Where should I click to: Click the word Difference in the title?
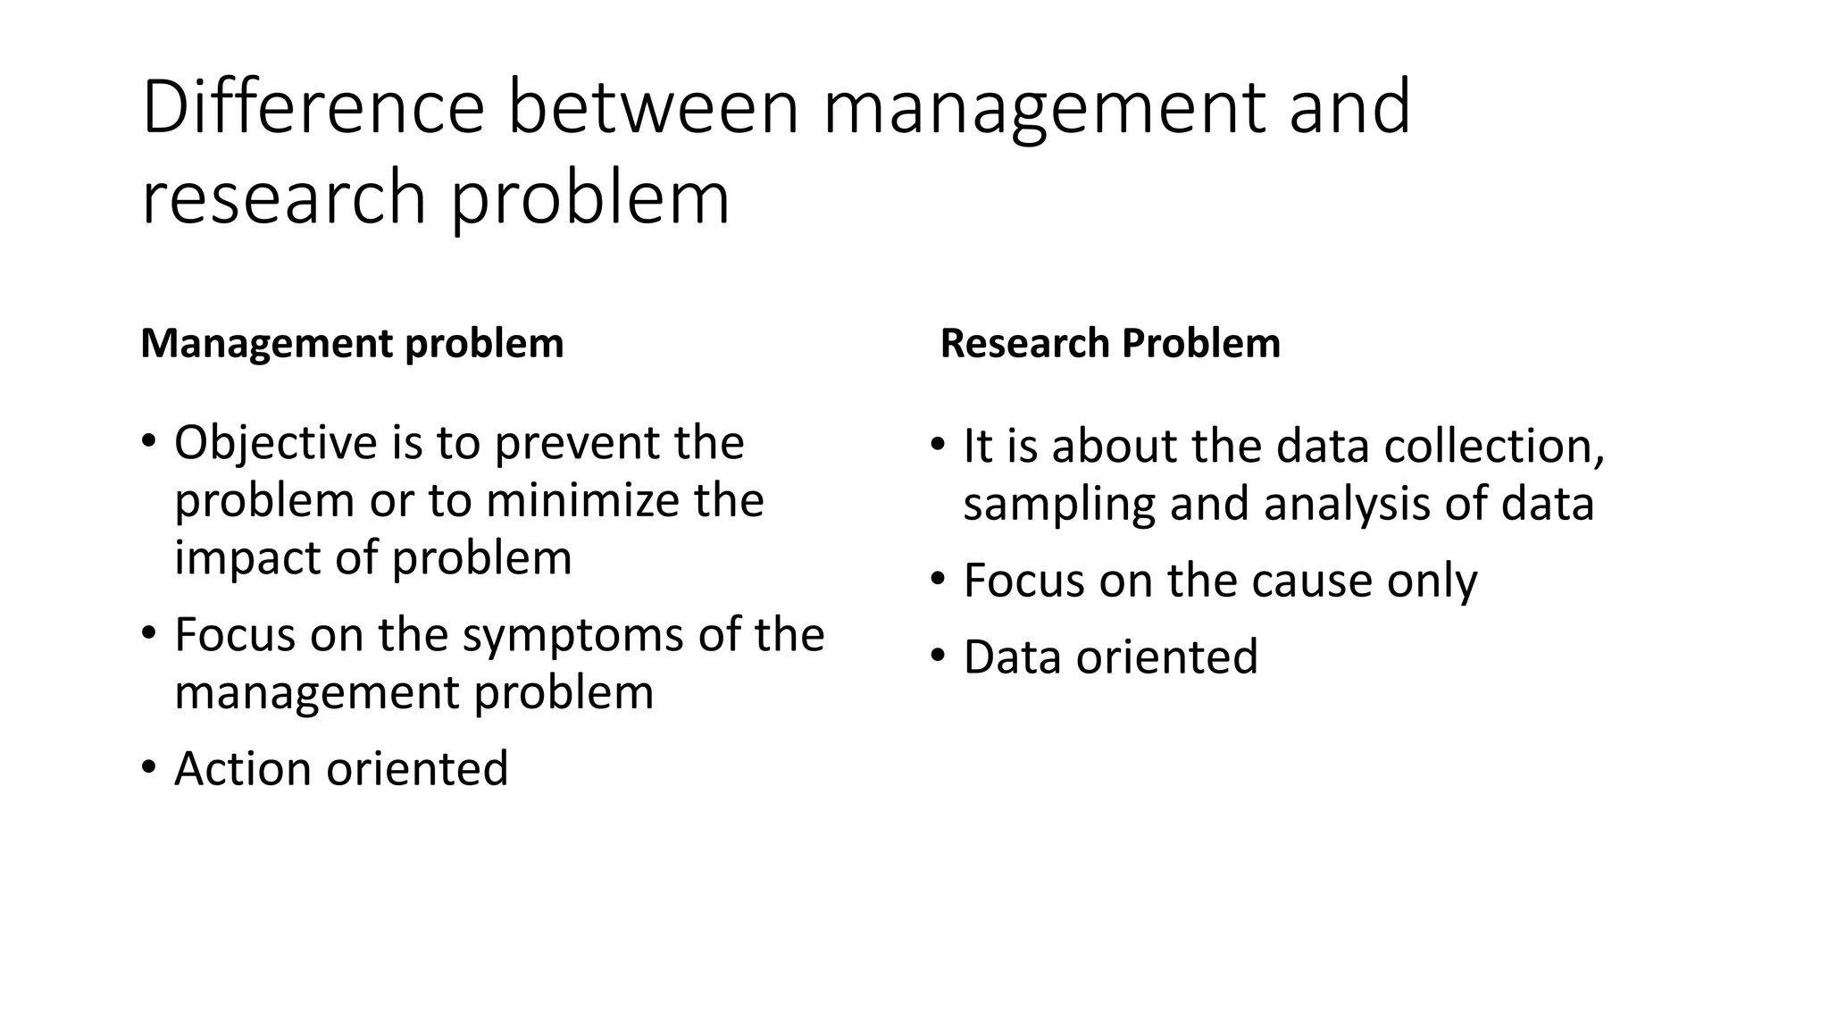click(313, 107)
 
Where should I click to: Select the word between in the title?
click(653, 107)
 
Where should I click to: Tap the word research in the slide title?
click(284, 198)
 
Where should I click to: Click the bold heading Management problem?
click(352, 344)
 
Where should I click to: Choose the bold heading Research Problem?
click(1110, 344)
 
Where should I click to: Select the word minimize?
click(584, 500)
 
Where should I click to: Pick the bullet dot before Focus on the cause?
click(937, 580)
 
